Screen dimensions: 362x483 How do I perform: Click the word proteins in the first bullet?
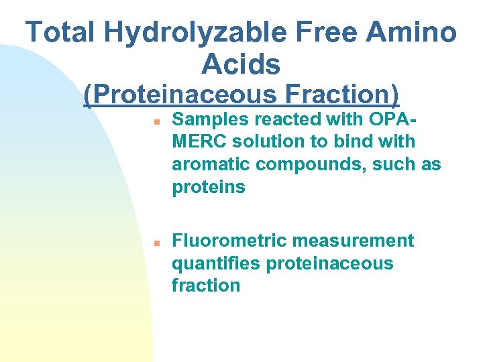(x=209, y=188)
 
